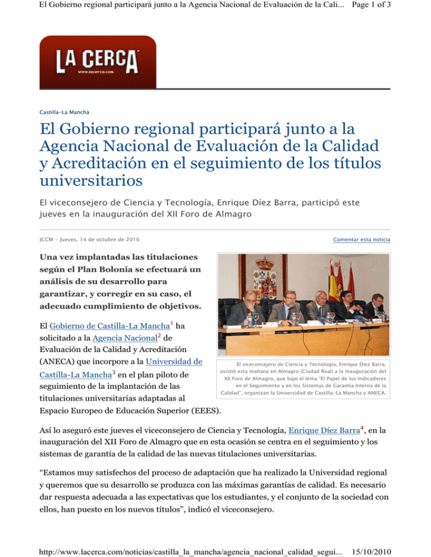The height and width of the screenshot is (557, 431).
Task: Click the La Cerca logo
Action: (x=97, y=61)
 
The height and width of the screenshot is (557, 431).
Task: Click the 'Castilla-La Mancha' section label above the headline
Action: (x=64, y=112)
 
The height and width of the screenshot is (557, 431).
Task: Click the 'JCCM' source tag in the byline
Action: (x=46, y=240)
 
